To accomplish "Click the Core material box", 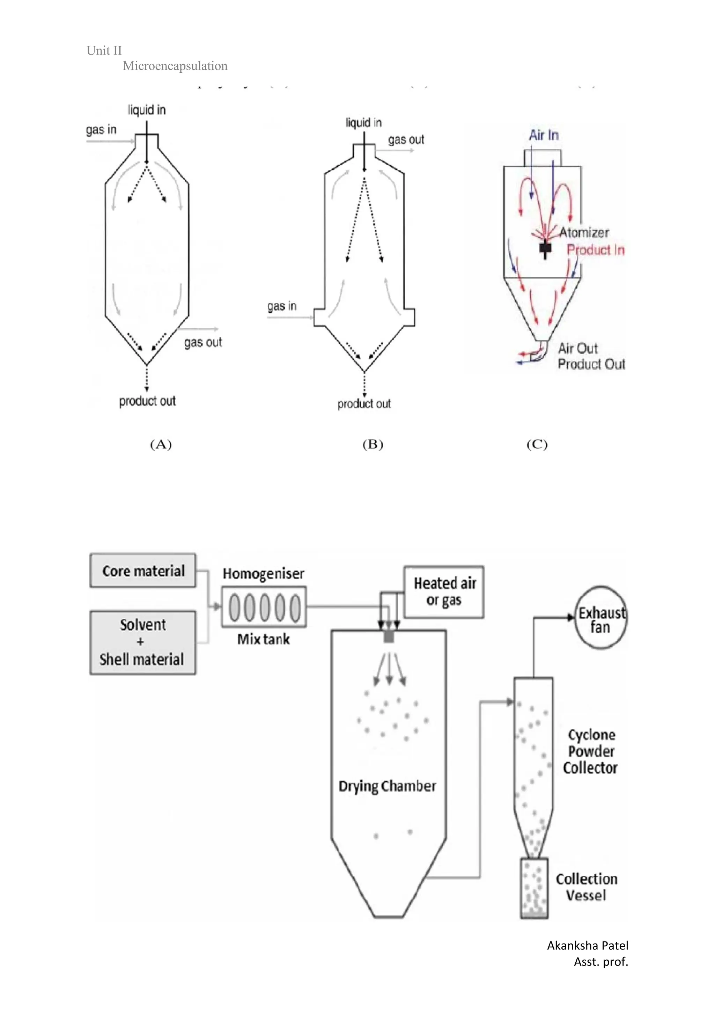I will point(143,570).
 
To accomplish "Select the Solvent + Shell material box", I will point(143,642).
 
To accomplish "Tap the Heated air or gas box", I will point(444,592).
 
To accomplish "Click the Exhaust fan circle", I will point(601,618).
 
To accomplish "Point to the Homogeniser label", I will point(263,574).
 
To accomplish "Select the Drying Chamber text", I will point(387,786).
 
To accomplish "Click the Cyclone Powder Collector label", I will point(590,751).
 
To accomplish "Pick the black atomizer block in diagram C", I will point(545,248).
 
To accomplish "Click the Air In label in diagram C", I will point(544,135).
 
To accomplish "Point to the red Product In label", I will point(595,250).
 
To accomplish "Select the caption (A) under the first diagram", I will point(161,444).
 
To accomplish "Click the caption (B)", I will point(373,444).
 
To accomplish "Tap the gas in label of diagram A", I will point(101,130).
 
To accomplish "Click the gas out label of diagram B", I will point(406,140).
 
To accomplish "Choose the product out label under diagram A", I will point(147,401).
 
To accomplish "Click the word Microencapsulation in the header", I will point(175,66).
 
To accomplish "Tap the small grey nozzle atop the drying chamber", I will point(389,636).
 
